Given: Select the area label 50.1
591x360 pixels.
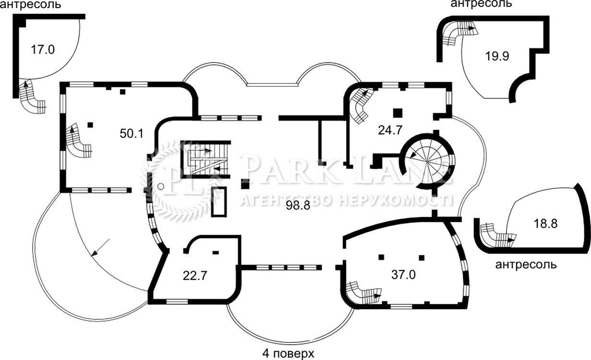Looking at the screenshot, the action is click(132, 133).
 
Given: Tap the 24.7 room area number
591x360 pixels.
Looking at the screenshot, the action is click(390, 130).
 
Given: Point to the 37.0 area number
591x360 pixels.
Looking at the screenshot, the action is click(403, 275).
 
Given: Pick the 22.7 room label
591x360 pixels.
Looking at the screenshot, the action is click(195, 276).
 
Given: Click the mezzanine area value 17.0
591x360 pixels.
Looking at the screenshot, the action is click(43, 49).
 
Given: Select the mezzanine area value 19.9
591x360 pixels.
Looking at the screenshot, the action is click(497, 56).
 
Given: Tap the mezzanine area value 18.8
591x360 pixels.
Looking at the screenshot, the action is click(545, 224).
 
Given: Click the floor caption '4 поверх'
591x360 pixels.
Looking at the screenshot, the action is click(288, 353).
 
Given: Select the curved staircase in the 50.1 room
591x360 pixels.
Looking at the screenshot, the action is click(78, 144).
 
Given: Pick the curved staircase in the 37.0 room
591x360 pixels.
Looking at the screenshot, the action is click(363, 293).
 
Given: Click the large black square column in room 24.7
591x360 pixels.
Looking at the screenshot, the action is click(398, 113).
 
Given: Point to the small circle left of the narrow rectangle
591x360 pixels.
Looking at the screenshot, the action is click(160, 187).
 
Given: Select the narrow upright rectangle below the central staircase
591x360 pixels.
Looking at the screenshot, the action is click(219, 202).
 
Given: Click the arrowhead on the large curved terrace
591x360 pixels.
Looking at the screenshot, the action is click(94, 254).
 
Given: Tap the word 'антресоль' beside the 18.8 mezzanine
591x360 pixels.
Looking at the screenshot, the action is click(526, 264).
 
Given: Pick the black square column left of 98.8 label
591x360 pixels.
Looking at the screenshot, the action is click(245, 184).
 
